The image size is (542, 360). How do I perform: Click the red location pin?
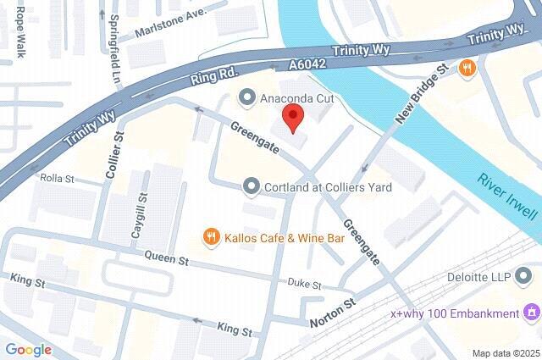click(x=291, y=119)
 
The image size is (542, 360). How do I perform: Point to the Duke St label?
click(x=305, y=283)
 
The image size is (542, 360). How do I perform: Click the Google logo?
click(x=28, y=349)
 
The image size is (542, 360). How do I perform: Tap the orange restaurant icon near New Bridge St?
click(x=466, y=68)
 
